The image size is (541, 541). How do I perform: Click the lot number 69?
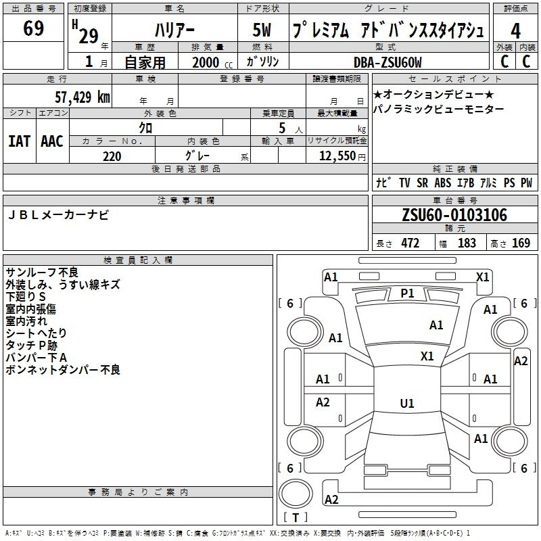tap(33, 28)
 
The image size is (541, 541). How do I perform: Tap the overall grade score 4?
tap(515, 31)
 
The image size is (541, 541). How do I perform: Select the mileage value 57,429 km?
tap(83, 97)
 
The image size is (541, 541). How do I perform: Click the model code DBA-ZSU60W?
tap(387, 62)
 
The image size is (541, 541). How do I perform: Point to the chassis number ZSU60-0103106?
tap(454, 215)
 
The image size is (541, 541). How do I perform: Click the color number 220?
tap(112, 156)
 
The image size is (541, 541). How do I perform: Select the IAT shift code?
tap(20, 141)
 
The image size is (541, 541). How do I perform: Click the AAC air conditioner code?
tap(52, 141)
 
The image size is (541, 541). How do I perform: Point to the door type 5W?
tap(262, 30)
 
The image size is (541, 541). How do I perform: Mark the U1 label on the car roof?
tap(407, 403)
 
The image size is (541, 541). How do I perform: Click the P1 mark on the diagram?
tap(407, 293)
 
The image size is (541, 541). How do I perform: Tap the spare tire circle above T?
tap(296, 494)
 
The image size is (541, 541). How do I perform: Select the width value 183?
tap(467, 243)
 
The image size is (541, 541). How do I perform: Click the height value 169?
tap(521, 243)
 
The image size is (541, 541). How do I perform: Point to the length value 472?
tap(410, 243)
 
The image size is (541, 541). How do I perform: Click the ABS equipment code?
tap(443, 183)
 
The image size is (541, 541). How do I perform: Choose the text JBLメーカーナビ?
tap(58, 215)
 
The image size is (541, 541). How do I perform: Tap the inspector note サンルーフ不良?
tap(42, 273)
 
